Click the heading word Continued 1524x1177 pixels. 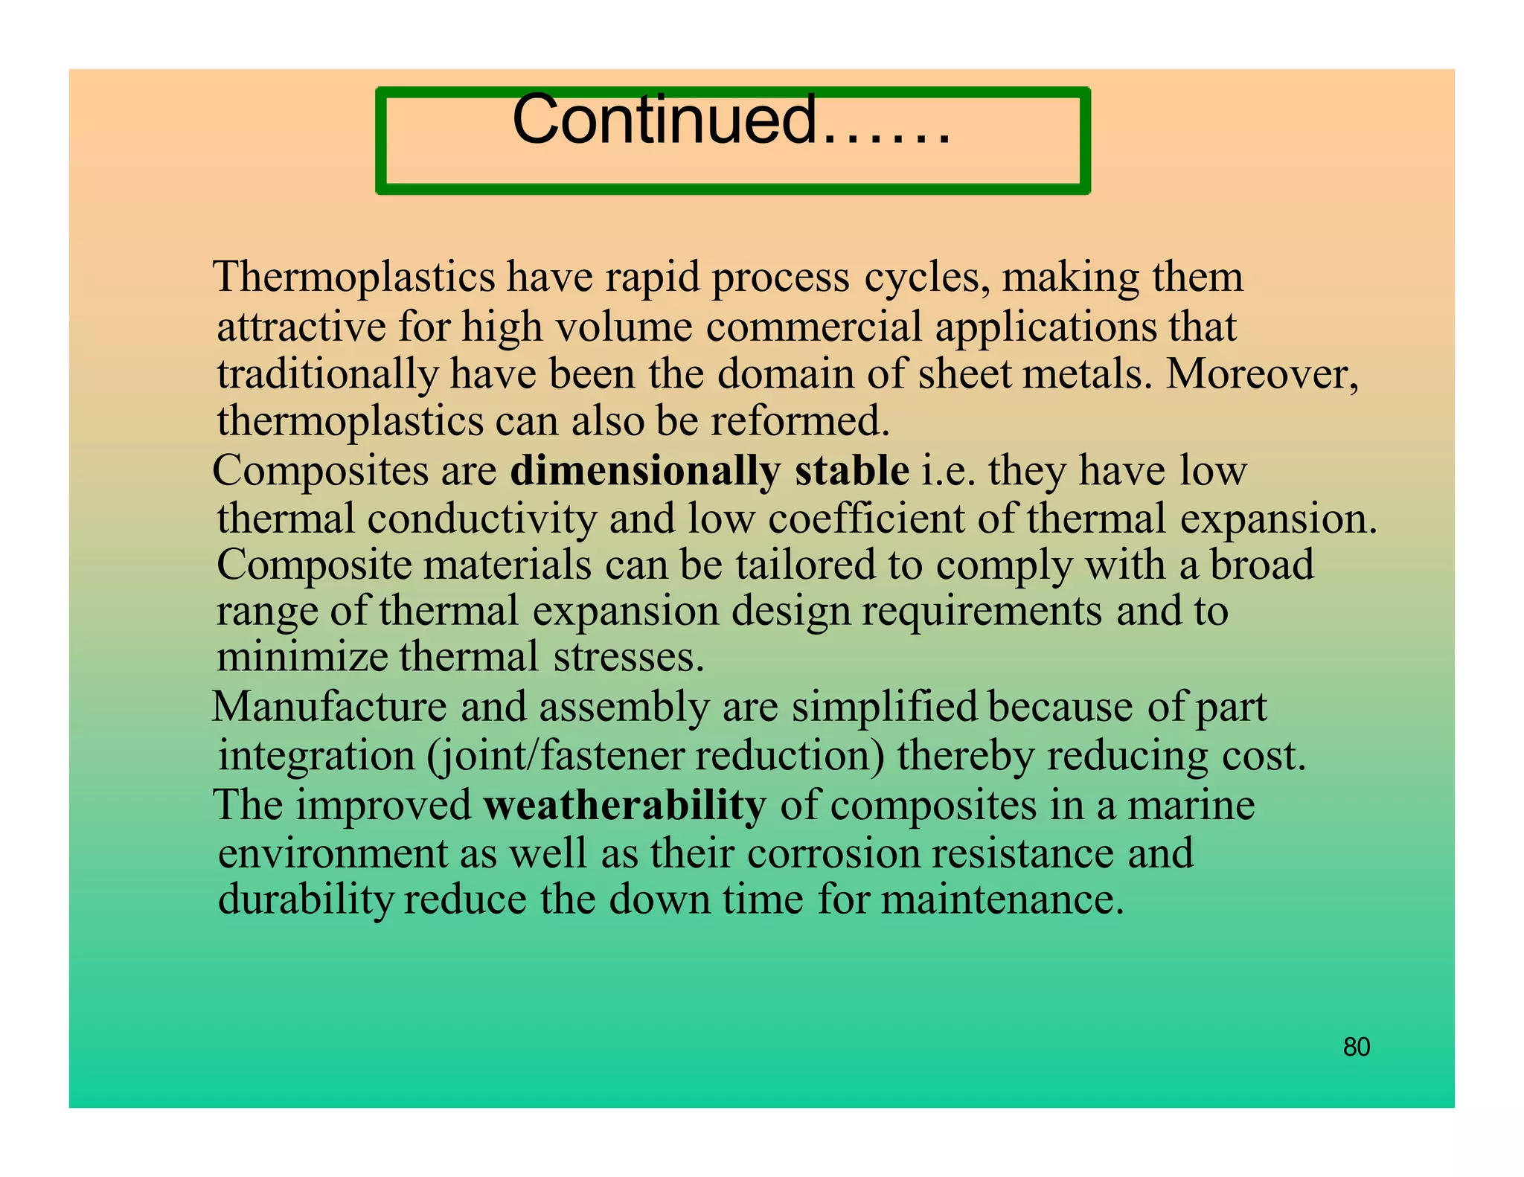665,121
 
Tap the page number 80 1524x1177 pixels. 1356,1047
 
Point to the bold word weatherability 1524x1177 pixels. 624,806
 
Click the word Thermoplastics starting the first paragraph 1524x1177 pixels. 353,278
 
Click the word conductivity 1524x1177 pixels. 481,519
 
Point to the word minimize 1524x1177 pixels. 301,657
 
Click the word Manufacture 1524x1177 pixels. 329,707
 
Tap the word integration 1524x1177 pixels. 316,757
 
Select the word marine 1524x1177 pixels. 1191,806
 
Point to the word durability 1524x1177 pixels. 305,900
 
